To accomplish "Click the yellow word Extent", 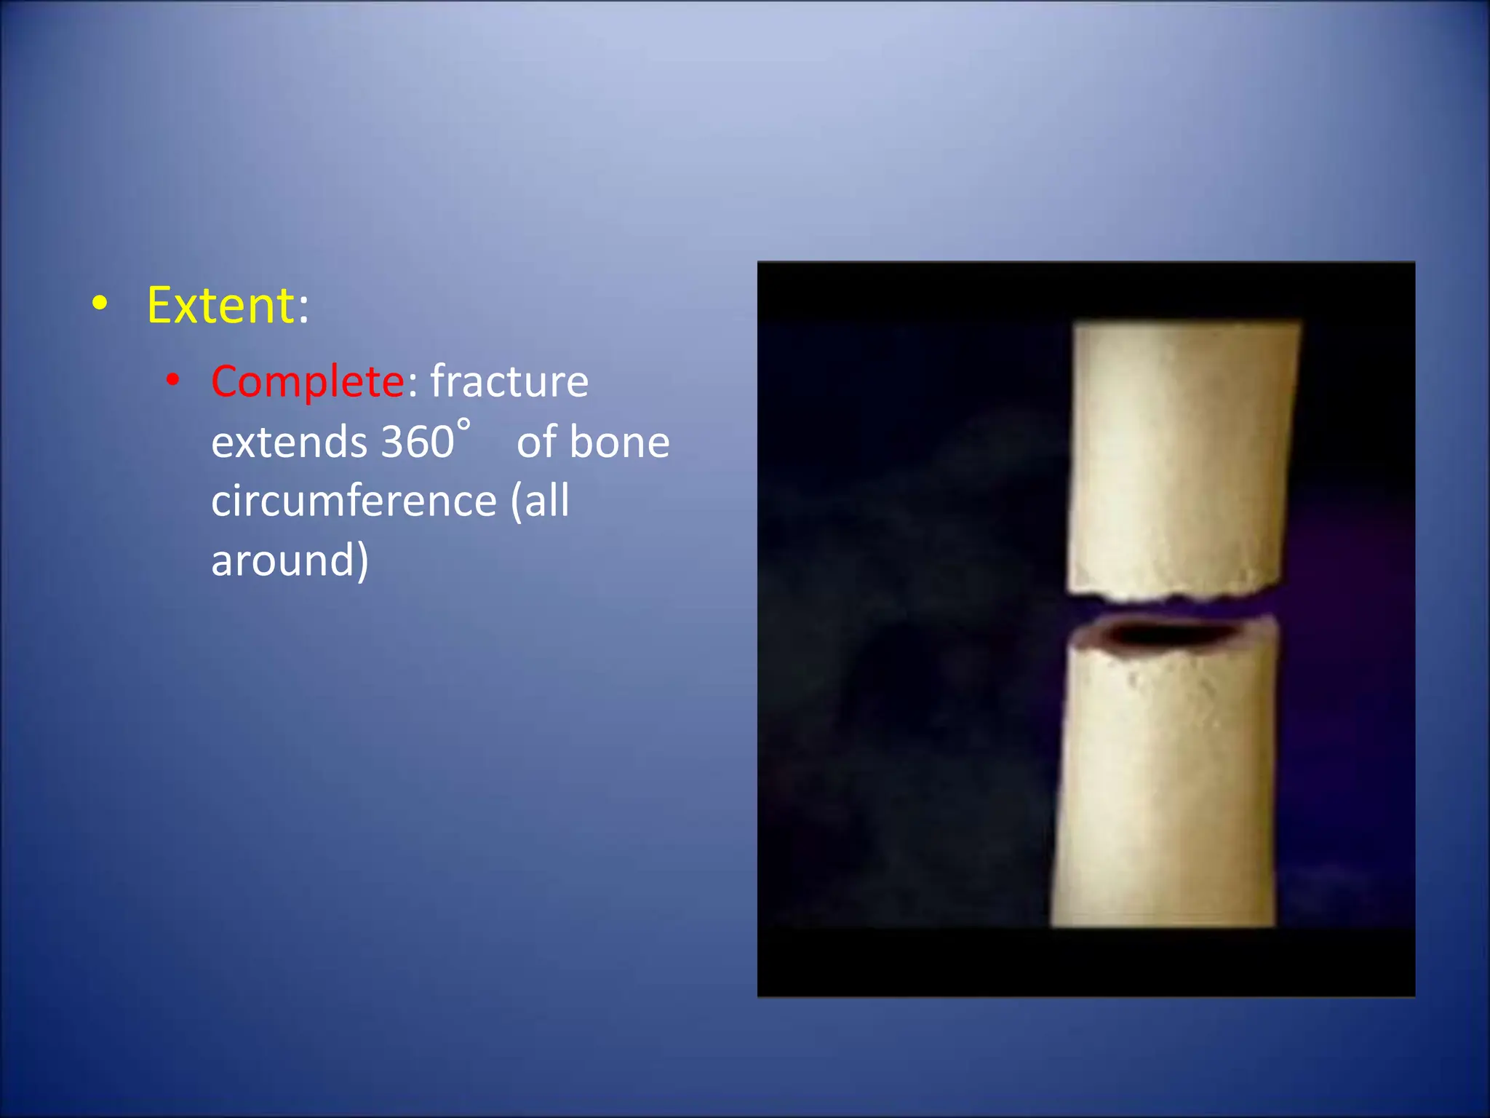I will (x=220, y=306).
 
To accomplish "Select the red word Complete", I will (x=307, y=382).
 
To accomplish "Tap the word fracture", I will (x=509, y=381).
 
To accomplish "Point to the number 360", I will (x=418, y=443).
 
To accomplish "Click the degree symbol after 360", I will (x=463, y=424).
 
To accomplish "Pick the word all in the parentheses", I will (x=546, y=501).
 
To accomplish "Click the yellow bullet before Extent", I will (x=100, y=305).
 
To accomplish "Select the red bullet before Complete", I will (x=172, y=380).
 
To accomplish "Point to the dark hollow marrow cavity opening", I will (x=1164, y=635).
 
